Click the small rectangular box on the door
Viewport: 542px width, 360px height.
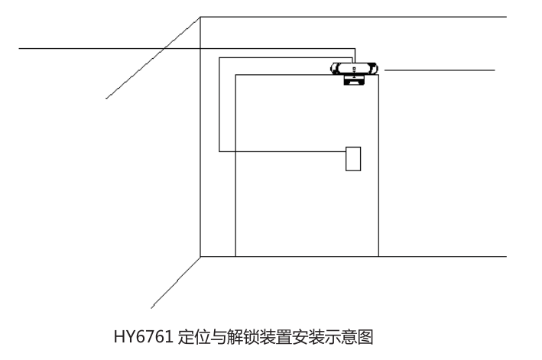click(x=353, y=159)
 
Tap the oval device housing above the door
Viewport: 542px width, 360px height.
click(x=354, y=68)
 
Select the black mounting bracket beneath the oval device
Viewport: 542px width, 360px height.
click(x=354, y=80)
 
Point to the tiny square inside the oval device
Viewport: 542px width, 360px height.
click(x=354, y=69)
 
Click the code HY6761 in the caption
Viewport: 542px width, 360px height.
click(x=144, y=337)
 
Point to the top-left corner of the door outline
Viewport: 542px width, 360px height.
click(x=235, y=75)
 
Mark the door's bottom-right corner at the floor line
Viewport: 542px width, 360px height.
click(x=378, y=257)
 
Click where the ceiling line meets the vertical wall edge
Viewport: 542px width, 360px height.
click(x=200, y=17)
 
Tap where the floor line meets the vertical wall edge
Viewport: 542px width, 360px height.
click(x=200, y=257)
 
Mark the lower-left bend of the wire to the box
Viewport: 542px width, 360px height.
click(x=219, y=151)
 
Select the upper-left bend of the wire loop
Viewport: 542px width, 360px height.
click(x=219, y=57)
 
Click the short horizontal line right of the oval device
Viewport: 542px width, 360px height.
click(x=440, y=70)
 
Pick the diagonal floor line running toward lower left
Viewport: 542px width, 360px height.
click(x=176, y=282)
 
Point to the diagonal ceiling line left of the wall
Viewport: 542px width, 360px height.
click(x=153, y=57)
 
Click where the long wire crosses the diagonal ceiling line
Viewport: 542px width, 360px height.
click(x=164, y=49)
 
